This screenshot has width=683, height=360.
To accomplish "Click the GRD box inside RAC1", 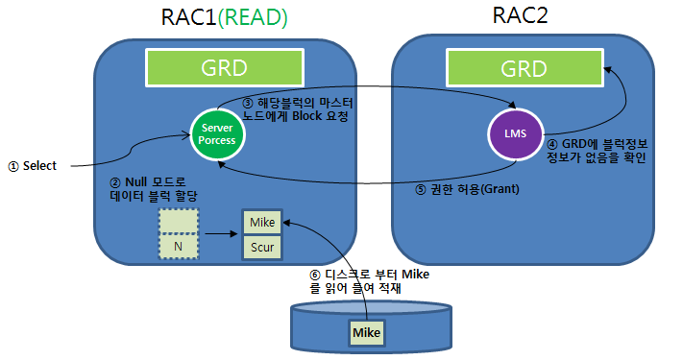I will click(x=224, y=68).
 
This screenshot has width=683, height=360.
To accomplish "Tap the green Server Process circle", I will click(x=218, y=135).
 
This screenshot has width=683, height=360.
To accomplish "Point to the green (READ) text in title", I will click(x=258, y=16).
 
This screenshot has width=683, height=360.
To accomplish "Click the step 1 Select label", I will click(x=35, y=165).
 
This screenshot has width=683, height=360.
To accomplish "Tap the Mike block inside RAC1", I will click(x=261, y=222).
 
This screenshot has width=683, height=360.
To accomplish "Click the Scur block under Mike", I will click(x=261, y=246).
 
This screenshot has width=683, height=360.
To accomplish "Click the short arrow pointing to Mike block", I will click(x=220, y=232).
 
